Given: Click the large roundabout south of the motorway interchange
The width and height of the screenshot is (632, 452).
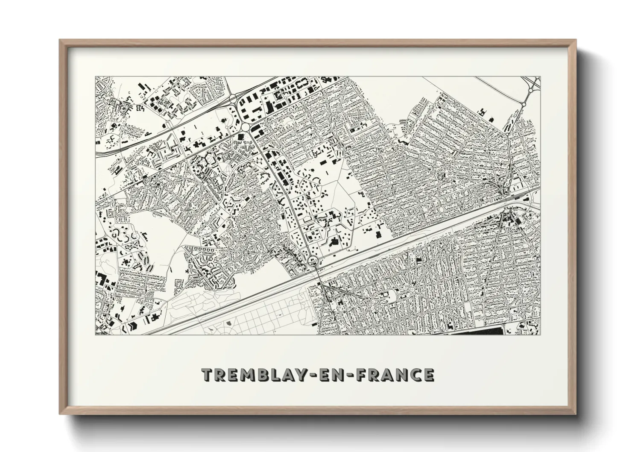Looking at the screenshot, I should (247, 127).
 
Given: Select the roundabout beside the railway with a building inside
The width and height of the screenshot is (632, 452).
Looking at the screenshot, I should (313, 260).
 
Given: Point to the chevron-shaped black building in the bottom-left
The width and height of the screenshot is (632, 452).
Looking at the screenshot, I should (133, 326).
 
